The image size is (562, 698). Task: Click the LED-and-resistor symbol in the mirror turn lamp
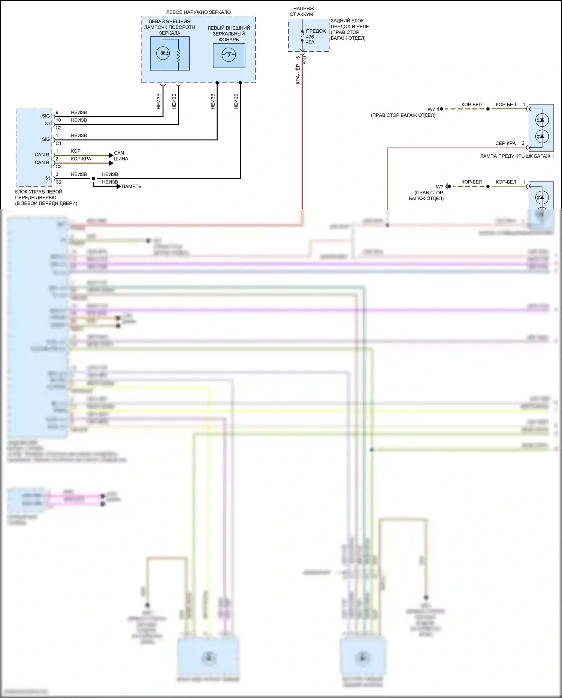click(x=170, y=53)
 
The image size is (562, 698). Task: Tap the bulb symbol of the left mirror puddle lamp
click(x=229, y=56)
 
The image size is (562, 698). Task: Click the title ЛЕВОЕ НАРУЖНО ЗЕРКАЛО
click(x=198, y=12)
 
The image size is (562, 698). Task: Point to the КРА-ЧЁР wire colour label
click(x=298, y=74)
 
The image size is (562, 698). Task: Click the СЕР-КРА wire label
click(x=505, y=143)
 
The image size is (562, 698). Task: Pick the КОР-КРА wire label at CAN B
click(x=81, y=159)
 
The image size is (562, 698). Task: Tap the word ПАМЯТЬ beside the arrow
click(x=131, y=186)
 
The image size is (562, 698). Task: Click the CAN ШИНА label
click(x=121, y=156)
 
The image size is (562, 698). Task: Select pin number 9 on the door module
click(x=57, y=113)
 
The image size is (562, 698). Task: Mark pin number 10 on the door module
click(x=58, y=120)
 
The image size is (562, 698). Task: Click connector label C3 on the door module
click(x=58, y=167)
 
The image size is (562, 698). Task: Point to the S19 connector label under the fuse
click(x=305, y=60)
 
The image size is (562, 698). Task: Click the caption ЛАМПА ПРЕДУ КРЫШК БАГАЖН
click(x=517, y=156)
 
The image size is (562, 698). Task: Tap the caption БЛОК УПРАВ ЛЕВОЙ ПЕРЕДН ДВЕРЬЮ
click(x=46, y=197)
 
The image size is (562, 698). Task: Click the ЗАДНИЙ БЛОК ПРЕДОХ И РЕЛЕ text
click(x=349, y=29)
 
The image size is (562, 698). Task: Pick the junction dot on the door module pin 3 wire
click(x=93, y=179)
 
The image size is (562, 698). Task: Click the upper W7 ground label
click(x=432, y=110)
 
